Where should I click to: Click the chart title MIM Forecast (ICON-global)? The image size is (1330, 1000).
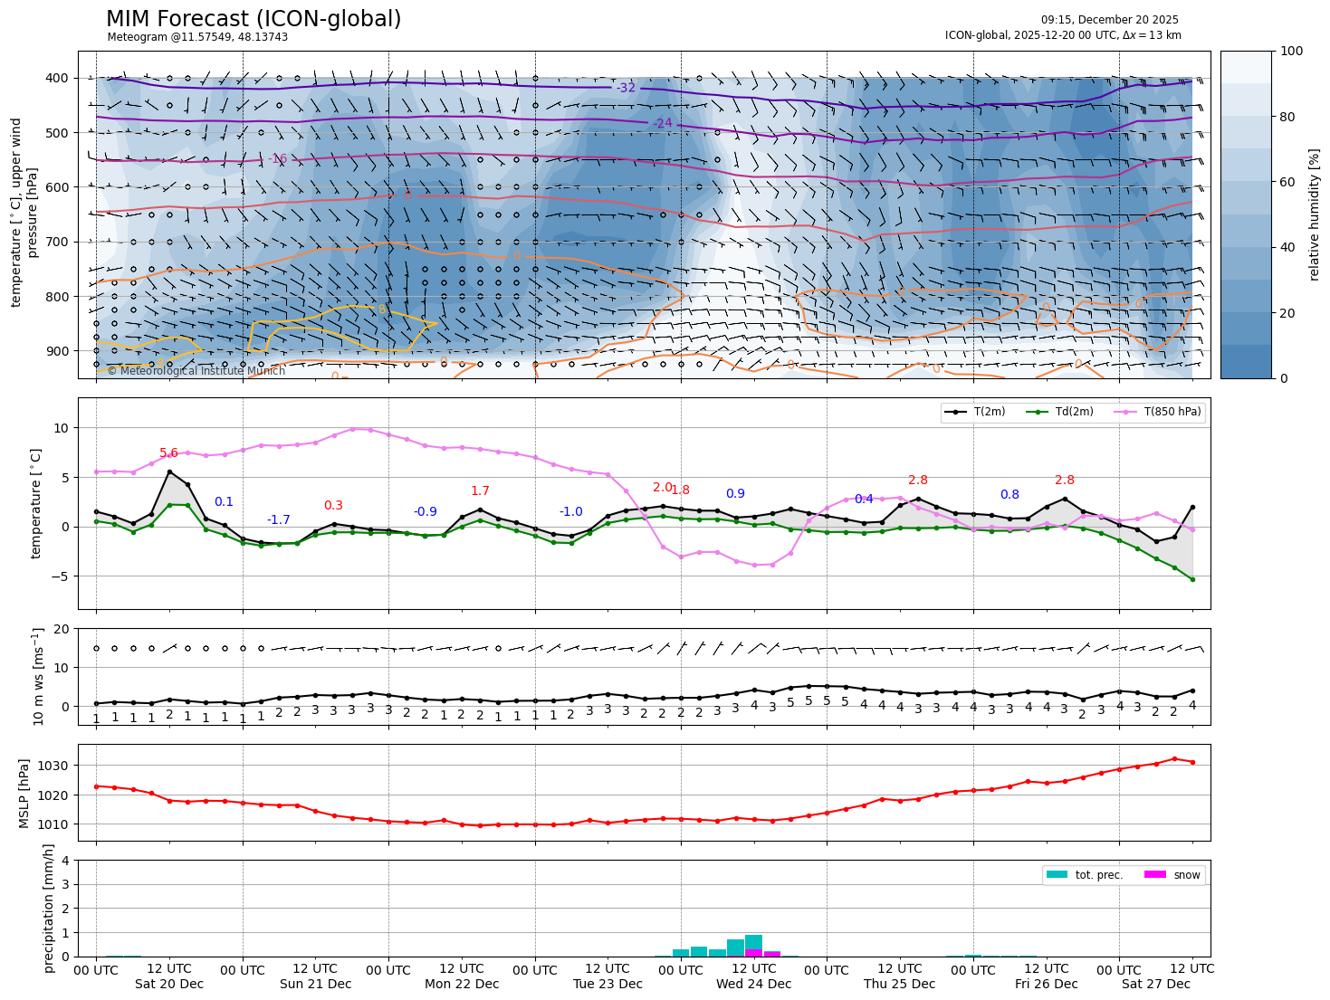(x=254, y=19)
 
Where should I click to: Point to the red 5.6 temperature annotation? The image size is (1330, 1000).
(x=169, y=453)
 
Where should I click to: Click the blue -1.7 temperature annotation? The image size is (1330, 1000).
(x=279, y=520)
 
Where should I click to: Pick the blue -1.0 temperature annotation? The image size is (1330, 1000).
(x=571, y=512)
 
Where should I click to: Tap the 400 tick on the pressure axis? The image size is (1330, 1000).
(x=57, y=78)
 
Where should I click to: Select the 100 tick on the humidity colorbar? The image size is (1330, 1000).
(x=1293, y=52)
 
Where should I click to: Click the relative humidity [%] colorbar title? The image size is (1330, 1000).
(x=1315, y=214)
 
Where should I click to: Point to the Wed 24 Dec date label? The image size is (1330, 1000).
(x=753, y=984)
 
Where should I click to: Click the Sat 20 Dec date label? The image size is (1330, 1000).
(x=169, y=984)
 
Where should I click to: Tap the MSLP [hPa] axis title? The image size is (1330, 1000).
(x=24, y=793)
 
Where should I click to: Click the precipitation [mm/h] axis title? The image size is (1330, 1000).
(x=49, y=908)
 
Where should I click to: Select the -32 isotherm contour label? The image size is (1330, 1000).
(x=627, y=88)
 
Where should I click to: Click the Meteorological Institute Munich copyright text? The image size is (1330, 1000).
(x=196, y=371)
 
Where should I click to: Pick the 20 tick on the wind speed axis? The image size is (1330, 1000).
(x=61, y=629)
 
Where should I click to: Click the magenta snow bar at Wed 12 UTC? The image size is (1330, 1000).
(x=753, y=952)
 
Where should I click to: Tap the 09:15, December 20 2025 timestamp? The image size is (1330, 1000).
(x=1109, y=20)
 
